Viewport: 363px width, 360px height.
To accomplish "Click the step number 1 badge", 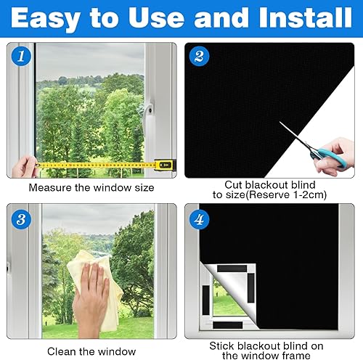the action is pos(21,56).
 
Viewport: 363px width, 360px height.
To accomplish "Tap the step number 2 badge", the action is pos(199,56).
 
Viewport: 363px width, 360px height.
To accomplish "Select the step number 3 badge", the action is pos(21,219).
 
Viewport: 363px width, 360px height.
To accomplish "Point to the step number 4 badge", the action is pos(199,219).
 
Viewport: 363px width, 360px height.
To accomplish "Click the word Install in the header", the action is pos(305,17).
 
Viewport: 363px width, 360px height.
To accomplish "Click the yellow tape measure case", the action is pos(166,165).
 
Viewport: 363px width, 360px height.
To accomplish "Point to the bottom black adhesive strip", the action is pos(228,325).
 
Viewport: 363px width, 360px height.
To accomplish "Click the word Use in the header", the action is pos(156,17).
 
